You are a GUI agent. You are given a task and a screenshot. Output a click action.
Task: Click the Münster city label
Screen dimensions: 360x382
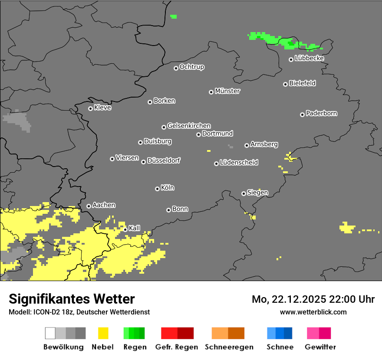coord(227,91)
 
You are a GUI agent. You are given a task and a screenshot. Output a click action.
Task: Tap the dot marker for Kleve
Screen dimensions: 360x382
coord(90,108)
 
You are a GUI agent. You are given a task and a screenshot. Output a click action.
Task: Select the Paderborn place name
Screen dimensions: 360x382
coord(322,113)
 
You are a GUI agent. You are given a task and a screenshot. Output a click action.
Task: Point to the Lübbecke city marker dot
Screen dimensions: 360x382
coord(291,59)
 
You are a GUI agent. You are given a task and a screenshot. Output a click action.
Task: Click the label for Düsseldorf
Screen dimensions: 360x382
coord(164,160)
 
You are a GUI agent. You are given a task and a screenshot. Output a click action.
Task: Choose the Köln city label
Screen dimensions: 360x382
coord(168,188)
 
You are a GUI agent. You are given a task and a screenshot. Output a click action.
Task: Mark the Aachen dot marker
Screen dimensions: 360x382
coord(89,206)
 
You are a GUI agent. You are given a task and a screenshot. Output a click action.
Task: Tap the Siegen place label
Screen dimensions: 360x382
coord(258,193)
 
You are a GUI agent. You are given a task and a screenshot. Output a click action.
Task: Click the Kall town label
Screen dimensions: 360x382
coord(135,228)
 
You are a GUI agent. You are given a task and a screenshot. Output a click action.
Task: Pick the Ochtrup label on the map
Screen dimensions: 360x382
coord(192,67)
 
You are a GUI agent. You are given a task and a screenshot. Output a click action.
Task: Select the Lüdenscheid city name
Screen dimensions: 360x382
coord(239,163)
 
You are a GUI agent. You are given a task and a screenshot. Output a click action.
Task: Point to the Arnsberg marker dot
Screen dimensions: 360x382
coord(247,145)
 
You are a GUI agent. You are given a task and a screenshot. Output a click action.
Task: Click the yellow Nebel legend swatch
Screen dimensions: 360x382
coord(103,333)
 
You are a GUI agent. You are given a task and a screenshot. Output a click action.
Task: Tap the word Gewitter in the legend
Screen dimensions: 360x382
coord(320,347)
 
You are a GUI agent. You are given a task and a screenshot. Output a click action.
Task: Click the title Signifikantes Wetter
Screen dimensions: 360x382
coord(72,299)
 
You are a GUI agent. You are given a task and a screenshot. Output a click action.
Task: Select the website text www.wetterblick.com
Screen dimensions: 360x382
coord(313,312)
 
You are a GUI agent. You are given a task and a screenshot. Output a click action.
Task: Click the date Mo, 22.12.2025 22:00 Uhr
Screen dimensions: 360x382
coord(313,299)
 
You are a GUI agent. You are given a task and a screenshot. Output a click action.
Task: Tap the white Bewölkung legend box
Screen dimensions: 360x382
coord(50,333)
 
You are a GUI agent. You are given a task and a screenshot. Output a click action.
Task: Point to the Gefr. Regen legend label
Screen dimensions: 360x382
coord(177,347)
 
